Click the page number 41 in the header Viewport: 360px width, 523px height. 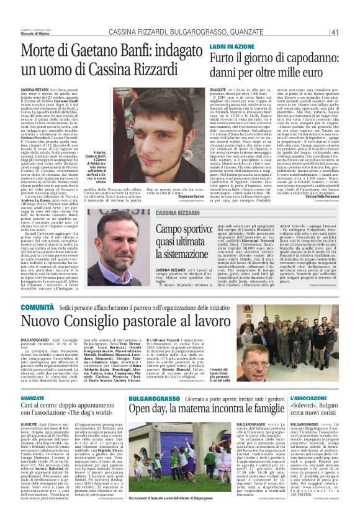[334, 15]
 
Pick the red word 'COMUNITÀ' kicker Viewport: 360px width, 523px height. [37, 307]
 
